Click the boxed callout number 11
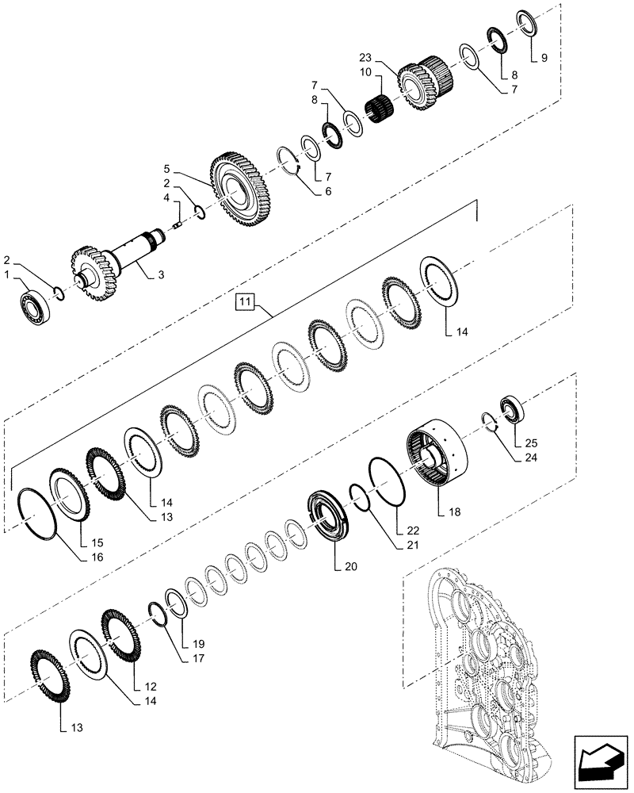coord(243,302)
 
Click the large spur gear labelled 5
coord(242,190)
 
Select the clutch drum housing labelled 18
coord(440,453)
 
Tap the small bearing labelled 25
coord(511,409)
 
